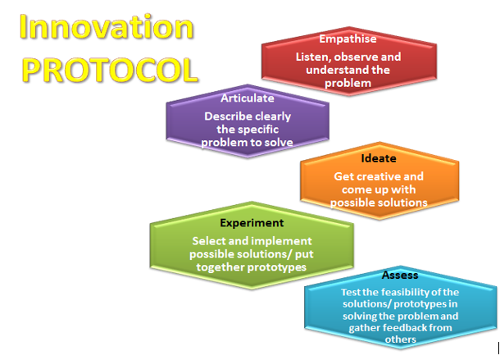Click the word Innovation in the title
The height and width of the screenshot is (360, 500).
click(107, 27)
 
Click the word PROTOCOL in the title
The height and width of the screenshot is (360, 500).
click(110, 71)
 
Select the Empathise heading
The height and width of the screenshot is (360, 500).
click(348, 39)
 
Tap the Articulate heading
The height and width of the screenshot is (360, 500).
click(248, 98)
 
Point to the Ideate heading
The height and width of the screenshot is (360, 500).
click(379, 158)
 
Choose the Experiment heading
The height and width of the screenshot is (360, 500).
click(252, 223)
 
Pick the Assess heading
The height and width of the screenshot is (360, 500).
click(400, 275)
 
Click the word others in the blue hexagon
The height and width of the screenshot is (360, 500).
click(400, 339)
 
